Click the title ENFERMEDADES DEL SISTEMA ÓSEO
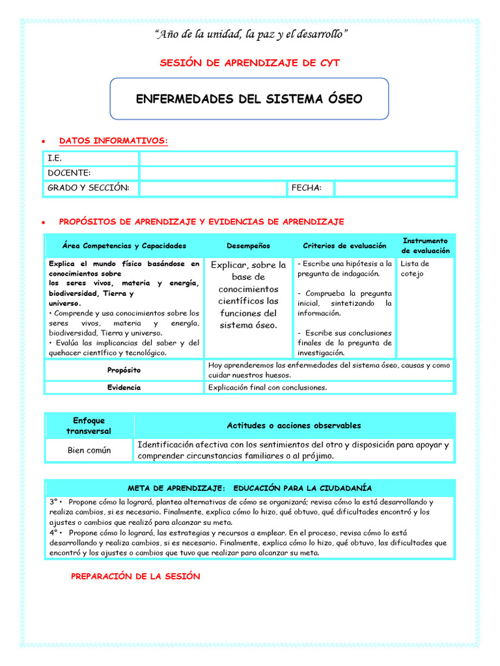point(249,99)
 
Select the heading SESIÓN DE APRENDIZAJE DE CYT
point(249,62)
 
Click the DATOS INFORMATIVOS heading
point(113,140)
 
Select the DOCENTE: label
point(68,173)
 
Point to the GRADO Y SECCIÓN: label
point(88,188)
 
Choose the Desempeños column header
point(248,246)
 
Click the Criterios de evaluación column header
point(344,246)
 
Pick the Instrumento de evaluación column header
point(425,246)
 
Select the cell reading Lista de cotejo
point(415,269)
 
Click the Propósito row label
point(124,369)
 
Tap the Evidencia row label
point(124,388)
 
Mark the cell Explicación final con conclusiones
point(267,388)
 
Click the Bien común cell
point(89,450)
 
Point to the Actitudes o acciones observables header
point(294,425)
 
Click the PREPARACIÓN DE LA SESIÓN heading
point(135,576)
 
